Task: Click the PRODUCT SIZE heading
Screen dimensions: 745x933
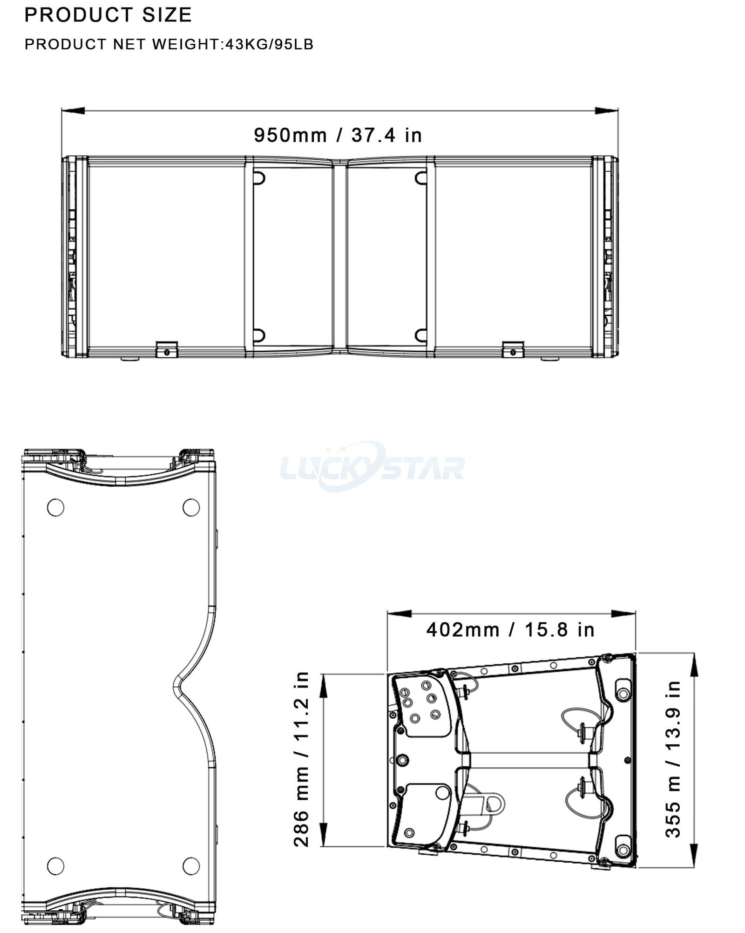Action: [108, 15]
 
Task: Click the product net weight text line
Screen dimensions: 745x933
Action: [169, 45]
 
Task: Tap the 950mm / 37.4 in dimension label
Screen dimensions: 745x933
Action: [338, 135]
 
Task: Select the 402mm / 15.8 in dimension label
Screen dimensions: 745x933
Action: [511, 630]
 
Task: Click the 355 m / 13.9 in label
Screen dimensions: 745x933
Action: [673, 759]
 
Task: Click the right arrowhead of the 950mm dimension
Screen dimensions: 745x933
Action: [607, 110]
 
